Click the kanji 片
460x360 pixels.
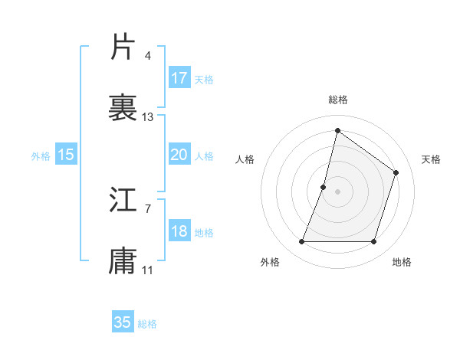click(x=123, y=47)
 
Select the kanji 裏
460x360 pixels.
click(x=123, y=109)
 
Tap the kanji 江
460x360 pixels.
click(x=123, y=201)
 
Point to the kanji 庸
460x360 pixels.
click(x=123, y=262)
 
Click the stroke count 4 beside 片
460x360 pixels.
click(x=147, y=56)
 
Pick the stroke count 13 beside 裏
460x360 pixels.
click(x=148, y=117)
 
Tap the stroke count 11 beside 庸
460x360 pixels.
click(x=148, y=270)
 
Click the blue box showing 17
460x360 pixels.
click(x=179, y=78)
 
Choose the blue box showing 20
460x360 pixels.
click(x=179, y=155)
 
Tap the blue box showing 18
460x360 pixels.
click(x=179, y=231)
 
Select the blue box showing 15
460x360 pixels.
click(x=66, y=155)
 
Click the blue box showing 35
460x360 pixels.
click(x=123, y=322)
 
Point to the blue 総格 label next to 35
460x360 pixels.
click(x=147, y=324)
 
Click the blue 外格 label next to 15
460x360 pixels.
click(x=41, y=155)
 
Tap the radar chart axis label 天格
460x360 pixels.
click(x=432, y=159)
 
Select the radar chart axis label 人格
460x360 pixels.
click(x=245, y=159)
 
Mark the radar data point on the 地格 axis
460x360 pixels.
click(x=373, y=242)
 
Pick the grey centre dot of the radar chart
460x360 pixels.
click(x=337, y=191)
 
